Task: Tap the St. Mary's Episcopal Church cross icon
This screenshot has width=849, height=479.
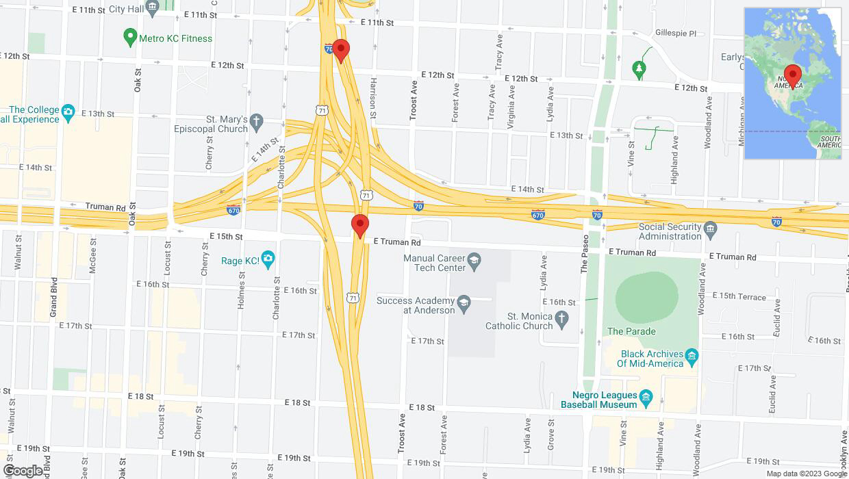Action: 257,123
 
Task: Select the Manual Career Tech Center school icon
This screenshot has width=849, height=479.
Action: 473,261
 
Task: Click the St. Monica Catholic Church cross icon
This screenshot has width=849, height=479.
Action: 561,319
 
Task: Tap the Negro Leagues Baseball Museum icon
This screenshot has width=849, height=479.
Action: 646,398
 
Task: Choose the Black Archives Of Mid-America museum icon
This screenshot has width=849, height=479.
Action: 692,356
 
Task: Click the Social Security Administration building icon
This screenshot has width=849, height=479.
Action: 711,228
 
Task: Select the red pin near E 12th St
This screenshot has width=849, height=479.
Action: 340,51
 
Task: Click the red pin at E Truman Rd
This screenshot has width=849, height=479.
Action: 360,225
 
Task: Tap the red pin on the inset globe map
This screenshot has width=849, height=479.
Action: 793,75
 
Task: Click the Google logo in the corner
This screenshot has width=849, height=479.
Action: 22,471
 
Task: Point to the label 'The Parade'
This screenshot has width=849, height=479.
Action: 631,331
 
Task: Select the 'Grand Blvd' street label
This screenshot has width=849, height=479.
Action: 53,297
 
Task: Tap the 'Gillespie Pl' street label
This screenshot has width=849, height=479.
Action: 675,33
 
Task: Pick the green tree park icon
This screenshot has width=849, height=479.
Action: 638,68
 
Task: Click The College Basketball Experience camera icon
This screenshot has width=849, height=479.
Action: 68,112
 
